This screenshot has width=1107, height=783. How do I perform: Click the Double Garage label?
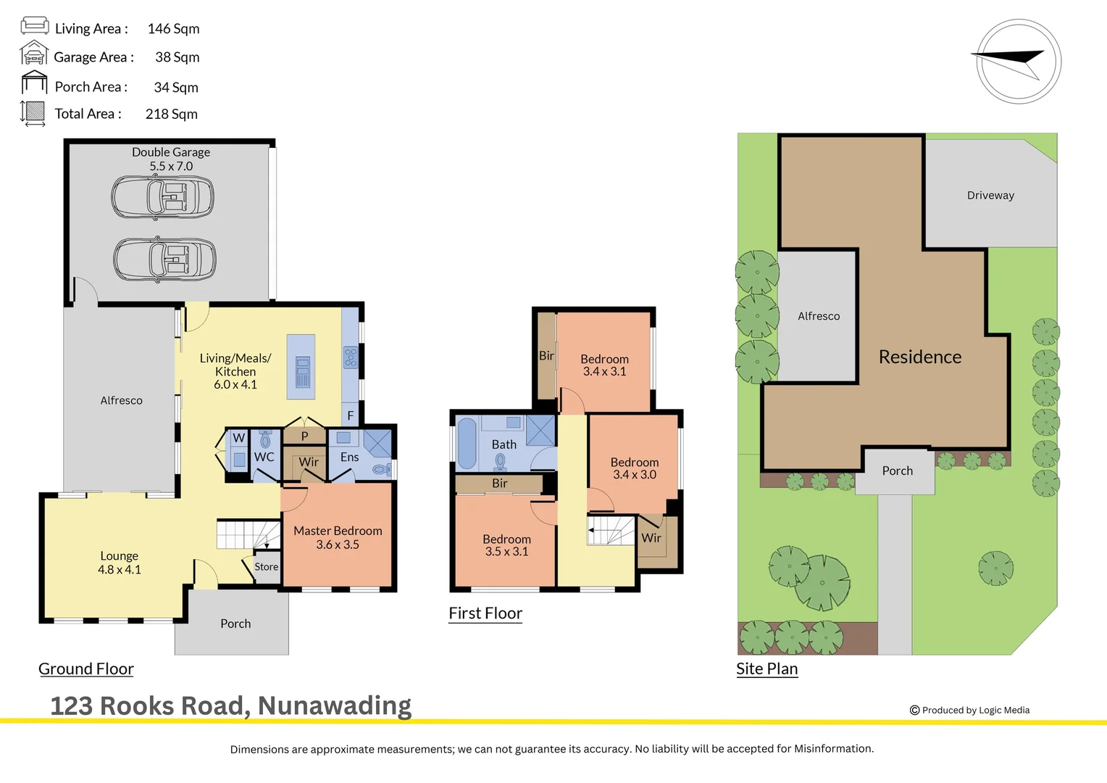click(171, 159)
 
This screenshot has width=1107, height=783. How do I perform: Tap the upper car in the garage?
click(162, 197)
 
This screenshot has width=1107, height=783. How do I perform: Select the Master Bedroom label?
click(338, 537)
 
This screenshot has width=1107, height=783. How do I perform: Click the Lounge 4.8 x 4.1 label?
click(120, 563)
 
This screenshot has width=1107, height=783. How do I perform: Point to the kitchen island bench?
click(301, 367)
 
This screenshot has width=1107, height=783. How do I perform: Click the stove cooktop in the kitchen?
click(351, 357)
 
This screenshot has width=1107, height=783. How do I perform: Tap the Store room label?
click(266, 567)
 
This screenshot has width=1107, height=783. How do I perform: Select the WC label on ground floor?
click(264, 457)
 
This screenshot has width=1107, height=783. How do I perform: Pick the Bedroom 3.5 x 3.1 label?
click(506, 545)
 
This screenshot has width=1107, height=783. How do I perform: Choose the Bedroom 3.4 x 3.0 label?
click(635, 468)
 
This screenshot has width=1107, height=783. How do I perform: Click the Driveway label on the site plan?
click(990, 195)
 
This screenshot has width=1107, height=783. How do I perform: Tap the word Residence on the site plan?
click(920, 357)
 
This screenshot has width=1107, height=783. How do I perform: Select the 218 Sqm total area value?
click(172, 114)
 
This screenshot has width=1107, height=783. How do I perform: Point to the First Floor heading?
click(485, 613)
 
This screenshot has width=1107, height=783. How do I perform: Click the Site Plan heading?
click(766, 668)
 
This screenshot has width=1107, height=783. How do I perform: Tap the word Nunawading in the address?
click(335, 705)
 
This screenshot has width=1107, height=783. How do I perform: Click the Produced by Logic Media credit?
click(969, 710)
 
